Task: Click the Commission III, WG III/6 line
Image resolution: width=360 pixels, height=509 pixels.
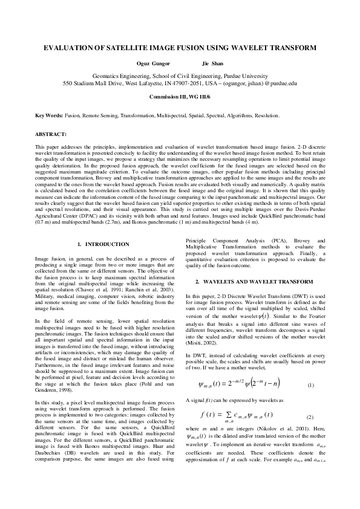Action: (x=180, y=97)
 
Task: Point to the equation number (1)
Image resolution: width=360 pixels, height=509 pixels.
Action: (x=310, y=385)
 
